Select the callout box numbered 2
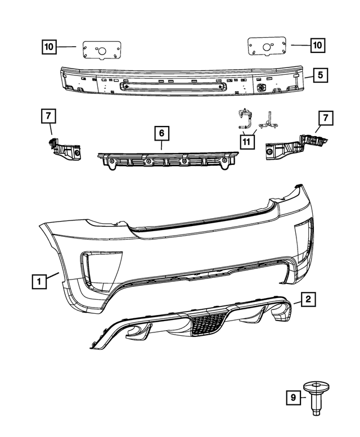307,299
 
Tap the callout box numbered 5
318,74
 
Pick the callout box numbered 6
161,134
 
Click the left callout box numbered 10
49,47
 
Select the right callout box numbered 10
318,44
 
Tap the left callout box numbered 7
48,116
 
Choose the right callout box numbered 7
325,118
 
